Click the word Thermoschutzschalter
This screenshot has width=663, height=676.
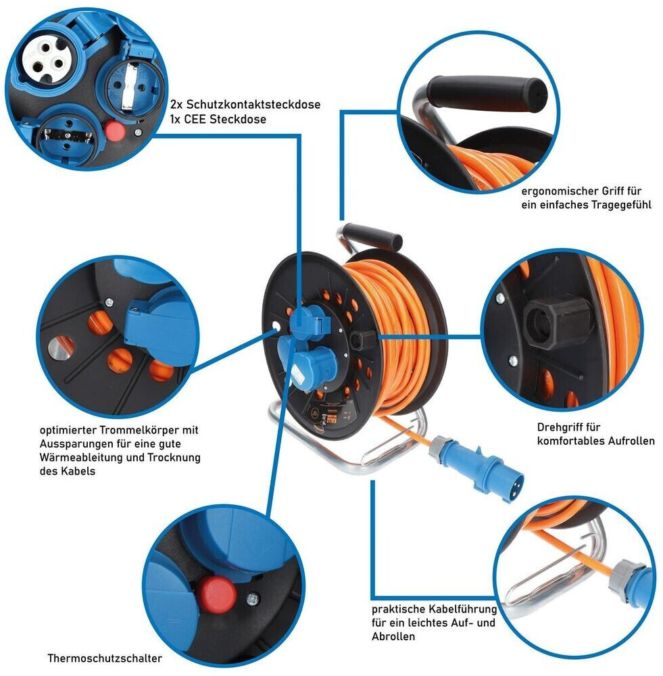(x=105, y=658)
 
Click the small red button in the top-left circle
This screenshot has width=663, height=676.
(x=117, y=130)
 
